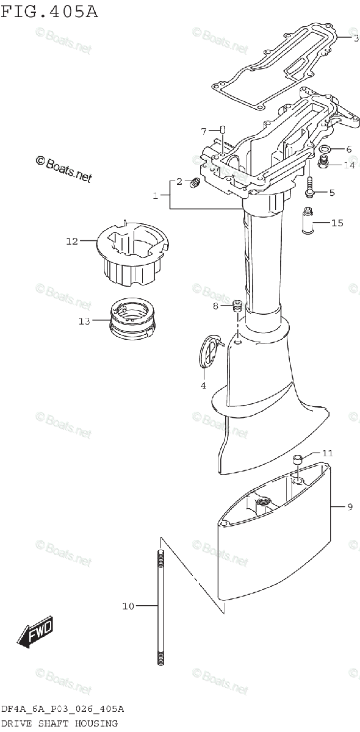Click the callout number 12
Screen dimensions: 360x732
click(72, 241)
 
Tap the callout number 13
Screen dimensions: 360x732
click(84, 321)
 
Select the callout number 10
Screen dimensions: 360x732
click(128, 606)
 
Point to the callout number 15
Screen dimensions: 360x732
click(337, 223)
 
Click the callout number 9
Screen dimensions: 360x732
click(350, 507)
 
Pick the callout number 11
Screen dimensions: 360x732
click(328, 453)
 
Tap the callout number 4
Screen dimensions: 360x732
click(203, 386)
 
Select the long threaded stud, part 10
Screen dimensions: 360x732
click(160, 608)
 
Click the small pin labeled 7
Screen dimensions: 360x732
click(222, 130)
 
